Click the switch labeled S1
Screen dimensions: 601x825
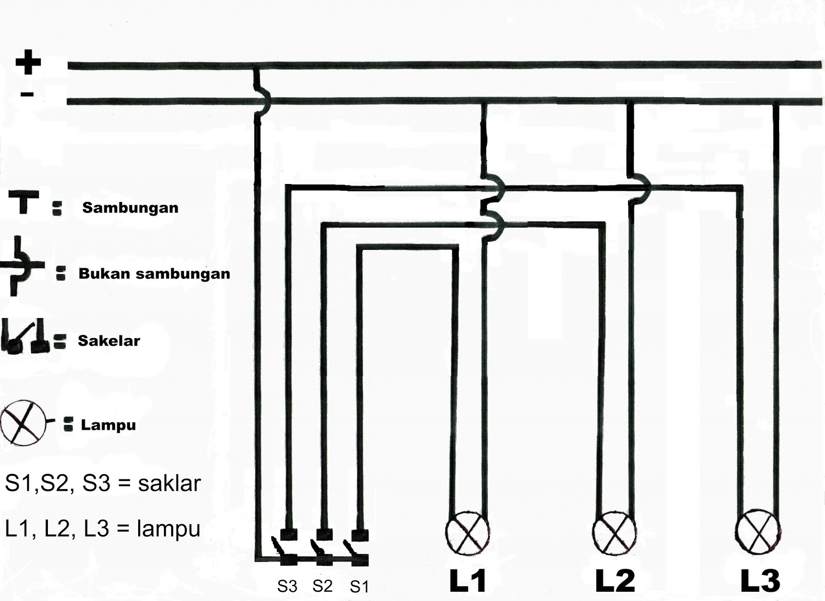pyautogui.click(x=359, y=549)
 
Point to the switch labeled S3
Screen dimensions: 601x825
pyautogui.click(x=286, y=549)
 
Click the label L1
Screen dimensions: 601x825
pyautogui.click(x=468, y=580)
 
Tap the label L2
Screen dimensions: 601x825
pyautogui.click(x=615, y=580)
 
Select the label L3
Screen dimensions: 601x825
pyautogui.click(x=760, y=580)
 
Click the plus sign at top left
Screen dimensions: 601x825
pyautogui.click(x=28, y=62)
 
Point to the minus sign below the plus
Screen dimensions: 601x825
pyautogui.click(x=27, y=94)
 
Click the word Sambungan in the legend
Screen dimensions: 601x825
pyautogui.click(x=130, y=208)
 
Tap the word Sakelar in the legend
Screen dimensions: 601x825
pyautogui.click(x=109, y=341)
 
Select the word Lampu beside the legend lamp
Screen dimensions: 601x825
pyautogui.click(x=108, y=425)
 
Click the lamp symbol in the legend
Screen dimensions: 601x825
pyautogui.click(x=23, y=423)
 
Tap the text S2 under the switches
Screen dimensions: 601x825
pyautogui.click(x=322, y=586)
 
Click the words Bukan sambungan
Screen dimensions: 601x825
pyautogui.click(x=154, y=274)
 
